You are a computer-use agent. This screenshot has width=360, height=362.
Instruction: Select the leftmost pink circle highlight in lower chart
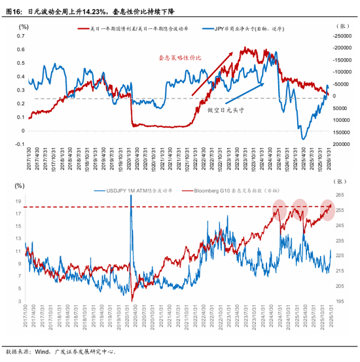pos(280,211)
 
